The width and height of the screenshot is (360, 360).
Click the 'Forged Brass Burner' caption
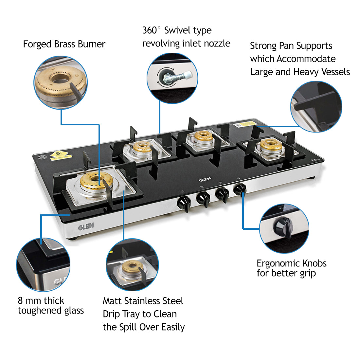pyautogui.click(x=64, y=44)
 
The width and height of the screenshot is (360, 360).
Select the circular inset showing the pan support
pyautogui.click(x=316, y=107)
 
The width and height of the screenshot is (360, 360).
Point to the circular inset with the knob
pyautogui.click(x=284, y=228)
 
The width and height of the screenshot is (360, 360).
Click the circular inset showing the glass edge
pyautogui.click(x=43, y=264)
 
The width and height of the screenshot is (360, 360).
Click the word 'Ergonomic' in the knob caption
pyautogui.click(x=278, y=263)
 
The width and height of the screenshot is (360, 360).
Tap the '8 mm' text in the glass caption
pyautogui.click(x=30, y=300)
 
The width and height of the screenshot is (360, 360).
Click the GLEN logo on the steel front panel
pyautogui.click(x=86, y=226)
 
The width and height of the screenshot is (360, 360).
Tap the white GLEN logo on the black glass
pyautogui.click(x=205, y=179)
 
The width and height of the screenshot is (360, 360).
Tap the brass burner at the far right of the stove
pyautogui.click(x=270, y=144)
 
